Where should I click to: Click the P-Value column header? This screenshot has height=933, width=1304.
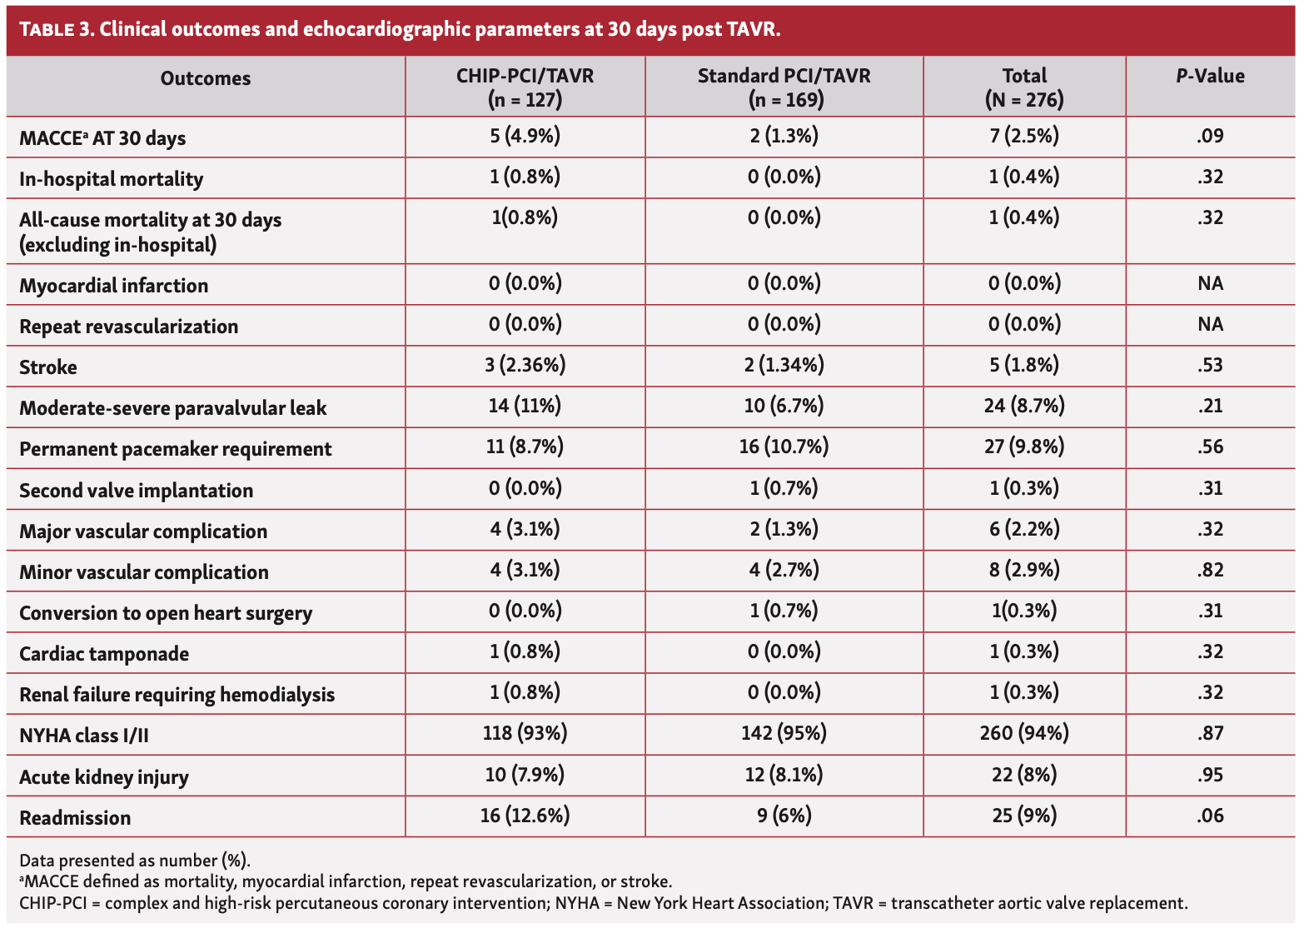click(x=1210, y=77)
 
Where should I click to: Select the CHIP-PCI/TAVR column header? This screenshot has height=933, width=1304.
click(x=525, y=87)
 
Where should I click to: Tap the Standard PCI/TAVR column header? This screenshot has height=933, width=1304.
click(x=784, y=87)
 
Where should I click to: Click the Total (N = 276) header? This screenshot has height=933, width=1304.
click(x=1023, y=87)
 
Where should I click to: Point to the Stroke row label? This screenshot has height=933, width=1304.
click(x=48, y=367)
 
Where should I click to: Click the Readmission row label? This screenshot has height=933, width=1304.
click(x=75, y=818)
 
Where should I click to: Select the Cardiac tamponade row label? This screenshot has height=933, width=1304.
click(x=104, y=654)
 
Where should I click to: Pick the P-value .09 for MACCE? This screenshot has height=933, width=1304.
click(x=1210, y=136)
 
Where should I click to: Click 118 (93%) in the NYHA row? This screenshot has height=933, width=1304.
click(x=525, y=734)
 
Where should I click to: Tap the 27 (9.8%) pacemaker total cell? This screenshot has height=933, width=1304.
click(x=1023, y=447)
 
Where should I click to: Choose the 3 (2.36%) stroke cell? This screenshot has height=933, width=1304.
click(x=525, y=366)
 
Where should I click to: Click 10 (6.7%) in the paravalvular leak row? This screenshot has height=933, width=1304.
click(x=784, y=407)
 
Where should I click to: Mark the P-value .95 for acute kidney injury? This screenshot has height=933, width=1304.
click(x=1210, y=776)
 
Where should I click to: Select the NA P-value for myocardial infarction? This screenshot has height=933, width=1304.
click(x=1210, y=284)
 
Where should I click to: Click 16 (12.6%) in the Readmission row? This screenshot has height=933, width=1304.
click(x=525, y=816)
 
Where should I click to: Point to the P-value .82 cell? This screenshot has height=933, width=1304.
click(x=1210, y=571)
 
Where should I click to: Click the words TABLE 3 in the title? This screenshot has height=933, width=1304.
click(x=55, y=30)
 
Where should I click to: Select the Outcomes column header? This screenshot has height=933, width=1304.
click(x=205, y=78)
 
